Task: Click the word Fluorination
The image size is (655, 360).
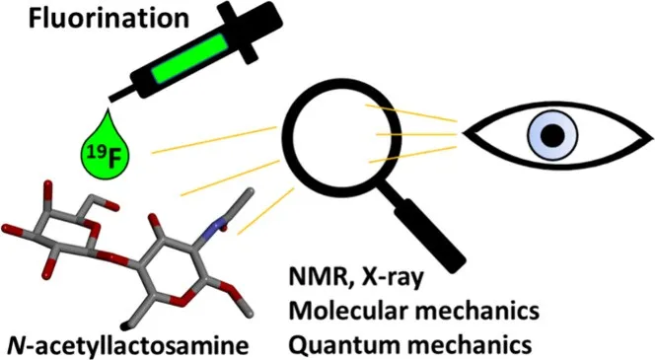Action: tap(109, 19)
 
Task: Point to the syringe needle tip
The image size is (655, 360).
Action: tap(109, 100)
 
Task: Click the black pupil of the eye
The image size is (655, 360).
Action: tap(552, 136)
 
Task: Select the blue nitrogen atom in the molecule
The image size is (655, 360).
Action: tap(216, 229)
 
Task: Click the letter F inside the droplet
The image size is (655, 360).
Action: tap(111, 160)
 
